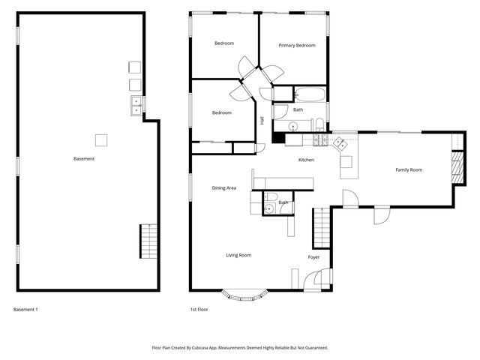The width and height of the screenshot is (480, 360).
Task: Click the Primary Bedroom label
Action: coord(297,46)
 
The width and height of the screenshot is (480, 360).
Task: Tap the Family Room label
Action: coord(409,170)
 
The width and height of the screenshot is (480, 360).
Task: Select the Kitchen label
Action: coord(306,160)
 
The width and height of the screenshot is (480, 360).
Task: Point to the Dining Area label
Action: coord(224,188)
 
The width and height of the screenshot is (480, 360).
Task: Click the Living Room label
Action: coord(238,256)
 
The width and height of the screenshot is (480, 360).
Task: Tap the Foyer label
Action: coord(313,257)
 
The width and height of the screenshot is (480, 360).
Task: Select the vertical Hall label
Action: coord(262,121)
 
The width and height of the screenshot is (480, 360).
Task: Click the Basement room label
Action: coord(84,159)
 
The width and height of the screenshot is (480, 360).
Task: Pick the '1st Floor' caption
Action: coord(199,310)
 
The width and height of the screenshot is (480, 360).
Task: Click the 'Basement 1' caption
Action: coord(25,310)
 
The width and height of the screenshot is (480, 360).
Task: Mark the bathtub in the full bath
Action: coord(310,95)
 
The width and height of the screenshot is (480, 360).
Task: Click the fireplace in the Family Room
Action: coord(455,166)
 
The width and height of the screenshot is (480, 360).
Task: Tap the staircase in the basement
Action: coord(147,241)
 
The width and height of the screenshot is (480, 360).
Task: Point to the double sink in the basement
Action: coord(136,106)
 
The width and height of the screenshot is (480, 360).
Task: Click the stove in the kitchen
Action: coord(319,139)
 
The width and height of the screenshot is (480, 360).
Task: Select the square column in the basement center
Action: coord(100,139)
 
